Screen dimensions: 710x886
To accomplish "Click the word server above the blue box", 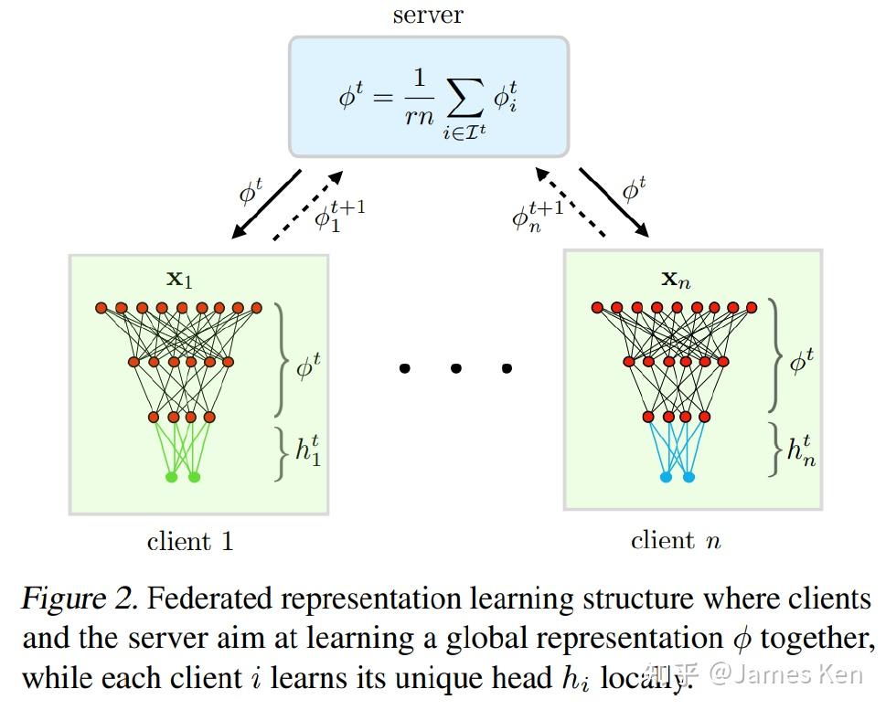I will pyautogui.click(x=428, y=16).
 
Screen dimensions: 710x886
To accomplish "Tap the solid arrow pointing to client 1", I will pyautogui.click(x=267, y=204).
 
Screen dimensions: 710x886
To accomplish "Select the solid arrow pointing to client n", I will pyautogui.click(x=614, y=203).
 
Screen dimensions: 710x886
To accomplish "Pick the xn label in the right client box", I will pyautogui.click(x=676, y=279).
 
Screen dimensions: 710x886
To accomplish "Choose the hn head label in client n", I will pyautogui.click(x=801, y=450).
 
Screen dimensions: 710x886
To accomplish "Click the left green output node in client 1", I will pyautogui.click(x=171, y=477).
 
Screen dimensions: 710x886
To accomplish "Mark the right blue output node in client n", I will pyautogui.click(x=689, y=477).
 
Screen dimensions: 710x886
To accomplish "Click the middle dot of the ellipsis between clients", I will pyautogui.click(x=455, y=368).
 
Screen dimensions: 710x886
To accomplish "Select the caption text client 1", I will pyautogui.click(x=190, y=542).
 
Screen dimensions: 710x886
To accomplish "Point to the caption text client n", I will pyautogui.click(x=676, y=540).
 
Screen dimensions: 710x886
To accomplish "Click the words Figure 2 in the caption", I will pyautogui.click(x=79, y=599).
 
